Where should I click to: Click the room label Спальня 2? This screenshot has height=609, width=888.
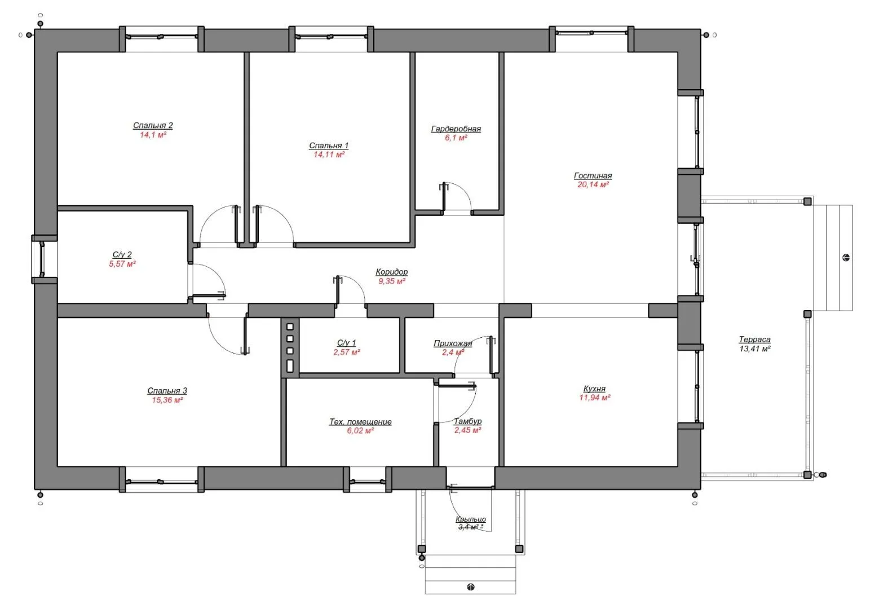pyautogui.click(x=153, y=125)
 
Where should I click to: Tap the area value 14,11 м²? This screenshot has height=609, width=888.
pyautogui.click(x=329, y=155)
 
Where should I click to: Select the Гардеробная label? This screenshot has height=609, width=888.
pyautogui.click(x=456, y=129)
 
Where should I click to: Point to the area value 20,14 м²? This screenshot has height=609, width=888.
pyautogui.click(x=593, y=184)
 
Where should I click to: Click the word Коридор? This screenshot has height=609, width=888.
pyautogui.click(x=392, y=272)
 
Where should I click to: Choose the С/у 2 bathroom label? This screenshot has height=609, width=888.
pyautogui.click(x=122, y=254)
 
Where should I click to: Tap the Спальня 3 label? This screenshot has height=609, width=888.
pyautogui.click(x=167, y=391)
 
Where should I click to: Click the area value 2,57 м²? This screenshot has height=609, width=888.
pyautogui.click(x=347, y=352)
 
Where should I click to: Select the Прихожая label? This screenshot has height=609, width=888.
pyautogui.click(x=453, y=343)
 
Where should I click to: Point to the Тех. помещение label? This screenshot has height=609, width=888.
pyautogui.click(x=360, y=422)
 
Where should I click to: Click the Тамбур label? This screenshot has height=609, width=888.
pyautogui.click(x=468, y=421)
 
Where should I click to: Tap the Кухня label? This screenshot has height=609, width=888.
pyautogui.click(x=594, y=389)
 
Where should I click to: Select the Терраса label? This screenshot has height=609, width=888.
pyautogui.click(x=754, y=340)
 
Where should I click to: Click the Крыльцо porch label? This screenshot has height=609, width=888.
pyautogui.click(x=471, y=519)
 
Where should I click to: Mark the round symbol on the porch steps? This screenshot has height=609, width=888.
pyautogui.click(x=471, y=587)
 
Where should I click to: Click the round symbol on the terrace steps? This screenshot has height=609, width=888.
pyautogui.click(x=846, y=258)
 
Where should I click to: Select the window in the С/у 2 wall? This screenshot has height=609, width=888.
pyautogui.click(x=42, y=259)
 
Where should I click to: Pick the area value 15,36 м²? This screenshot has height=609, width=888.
pyautogui.click(x=167, y=400)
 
